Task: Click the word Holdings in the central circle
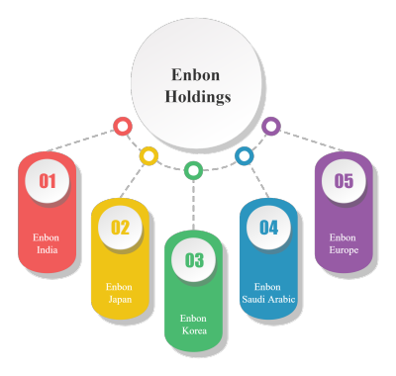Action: tap(198, 97)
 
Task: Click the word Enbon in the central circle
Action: tap(195, 75)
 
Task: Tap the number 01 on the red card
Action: tap(48, 181)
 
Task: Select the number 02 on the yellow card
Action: tap(120, 228)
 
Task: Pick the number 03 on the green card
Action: tap(194, 260)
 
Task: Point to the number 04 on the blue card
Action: tap(268, 228)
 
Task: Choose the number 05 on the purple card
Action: tap(344, 181)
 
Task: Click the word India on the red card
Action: tap(48, 250)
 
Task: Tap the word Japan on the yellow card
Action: tap(120, 300)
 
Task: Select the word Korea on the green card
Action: tap(194, 330)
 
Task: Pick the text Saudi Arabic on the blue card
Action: tap(268, 299)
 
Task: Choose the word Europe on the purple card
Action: tap(344, 250)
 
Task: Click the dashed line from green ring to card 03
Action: tap(193, 205)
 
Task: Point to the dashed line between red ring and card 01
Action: tap(81, 141)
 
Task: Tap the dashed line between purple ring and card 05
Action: tap(313, 141)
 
